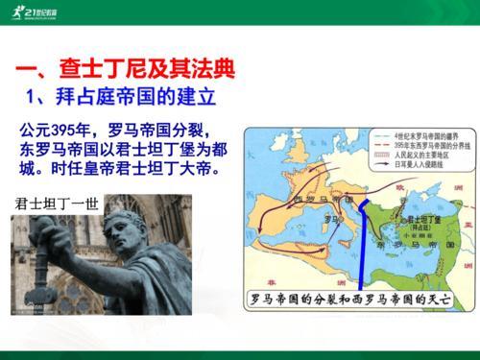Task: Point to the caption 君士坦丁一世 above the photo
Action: coord(57,204)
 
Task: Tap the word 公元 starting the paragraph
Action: coord(36,129)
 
